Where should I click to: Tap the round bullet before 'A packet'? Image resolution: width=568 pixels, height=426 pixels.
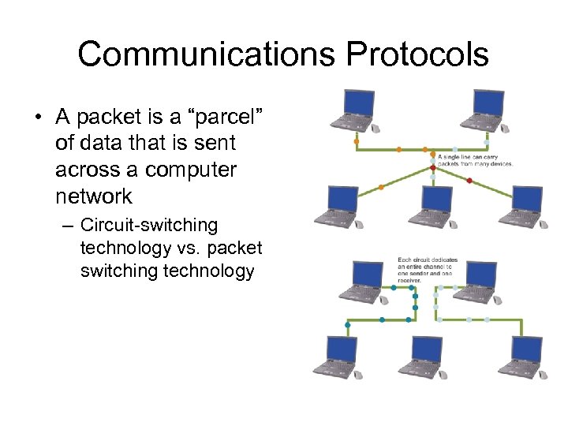tap(38, 118)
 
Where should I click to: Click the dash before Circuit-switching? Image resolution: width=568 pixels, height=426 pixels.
tap(68, 226)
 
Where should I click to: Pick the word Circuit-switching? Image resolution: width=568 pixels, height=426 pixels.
tap(148, 226)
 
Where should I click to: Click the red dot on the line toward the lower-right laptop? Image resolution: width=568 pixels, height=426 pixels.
tap(469, 181)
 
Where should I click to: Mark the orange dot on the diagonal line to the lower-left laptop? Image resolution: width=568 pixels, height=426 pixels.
tap(382, 187)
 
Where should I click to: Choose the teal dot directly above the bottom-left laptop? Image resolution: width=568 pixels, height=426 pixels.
tap(347, 325)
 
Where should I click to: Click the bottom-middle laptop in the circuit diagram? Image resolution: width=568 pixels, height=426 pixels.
tap(426, 356)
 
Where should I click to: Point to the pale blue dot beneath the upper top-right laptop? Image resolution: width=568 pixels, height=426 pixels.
tap(486, 143)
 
